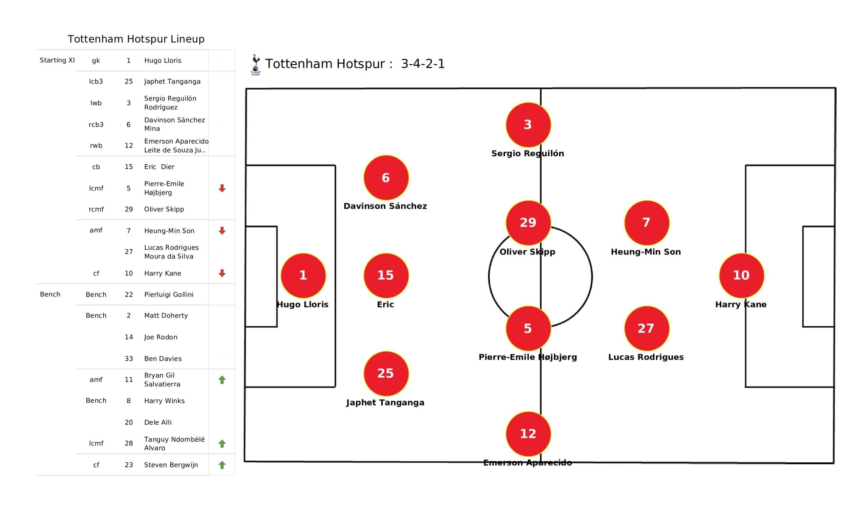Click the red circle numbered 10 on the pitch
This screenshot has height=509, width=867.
tap(741, 275)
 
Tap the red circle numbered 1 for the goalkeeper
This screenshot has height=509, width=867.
tap(303, 275)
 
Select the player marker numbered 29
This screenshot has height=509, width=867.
tap(528, 222)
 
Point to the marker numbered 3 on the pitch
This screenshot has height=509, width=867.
tap(528, 125)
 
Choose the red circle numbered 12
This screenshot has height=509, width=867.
tap(528, 433)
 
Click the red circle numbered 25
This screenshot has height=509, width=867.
tap(386, 373)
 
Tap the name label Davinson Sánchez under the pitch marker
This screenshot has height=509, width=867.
tap(385, 206)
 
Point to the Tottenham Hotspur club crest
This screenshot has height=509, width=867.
tap(255, 64)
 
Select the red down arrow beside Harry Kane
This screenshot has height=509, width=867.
tap(222, 273)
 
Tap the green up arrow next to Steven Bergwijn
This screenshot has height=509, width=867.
tap(222, 465)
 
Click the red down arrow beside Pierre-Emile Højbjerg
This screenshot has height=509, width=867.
tap(222, 188)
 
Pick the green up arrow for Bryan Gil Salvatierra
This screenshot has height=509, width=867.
tap(222, 380)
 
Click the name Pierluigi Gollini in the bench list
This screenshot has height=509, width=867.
tap(169, 294)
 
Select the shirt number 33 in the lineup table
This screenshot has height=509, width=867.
tap(129, 359)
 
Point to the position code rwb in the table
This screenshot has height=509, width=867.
tap(96, 146)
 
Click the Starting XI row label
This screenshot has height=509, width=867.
tap(57, 60)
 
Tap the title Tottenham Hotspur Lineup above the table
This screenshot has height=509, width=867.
tap(136, 39)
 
